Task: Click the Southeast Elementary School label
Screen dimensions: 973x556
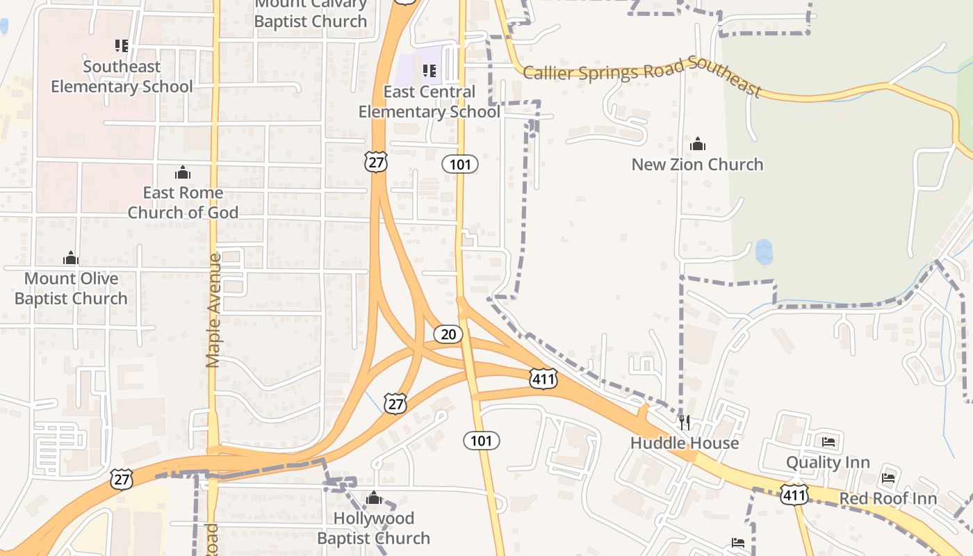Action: pos(122,76)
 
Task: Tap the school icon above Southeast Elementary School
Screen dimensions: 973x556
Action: pos(122,46)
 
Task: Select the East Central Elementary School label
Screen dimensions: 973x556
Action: pos(429,101)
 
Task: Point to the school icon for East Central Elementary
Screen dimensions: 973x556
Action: pos(430,70)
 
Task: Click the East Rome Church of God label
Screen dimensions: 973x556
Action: pos(183,202)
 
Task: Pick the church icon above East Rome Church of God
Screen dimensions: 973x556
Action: pos(183,172)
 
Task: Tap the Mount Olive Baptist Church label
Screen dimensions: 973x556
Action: pos(71,288)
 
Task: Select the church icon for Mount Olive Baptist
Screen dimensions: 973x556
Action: pos(71,258)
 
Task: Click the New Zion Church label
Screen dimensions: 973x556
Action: pos(697,165)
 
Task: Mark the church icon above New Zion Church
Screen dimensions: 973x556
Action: pos(698,144)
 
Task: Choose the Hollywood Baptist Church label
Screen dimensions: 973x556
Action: pos(374,528)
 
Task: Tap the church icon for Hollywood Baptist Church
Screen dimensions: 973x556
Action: pos(374,498)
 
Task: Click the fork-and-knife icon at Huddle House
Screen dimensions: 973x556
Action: pos(685,422)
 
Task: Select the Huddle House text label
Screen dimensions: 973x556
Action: pos(685,443)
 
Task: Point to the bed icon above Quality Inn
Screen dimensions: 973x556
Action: pos(828,441)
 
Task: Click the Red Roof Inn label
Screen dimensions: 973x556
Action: pos(888,498)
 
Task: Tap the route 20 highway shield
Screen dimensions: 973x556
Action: pos(448,334)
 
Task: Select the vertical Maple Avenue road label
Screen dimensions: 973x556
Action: pos(214,310)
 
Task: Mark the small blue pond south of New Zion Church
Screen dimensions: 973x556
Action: pos(764,252)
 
